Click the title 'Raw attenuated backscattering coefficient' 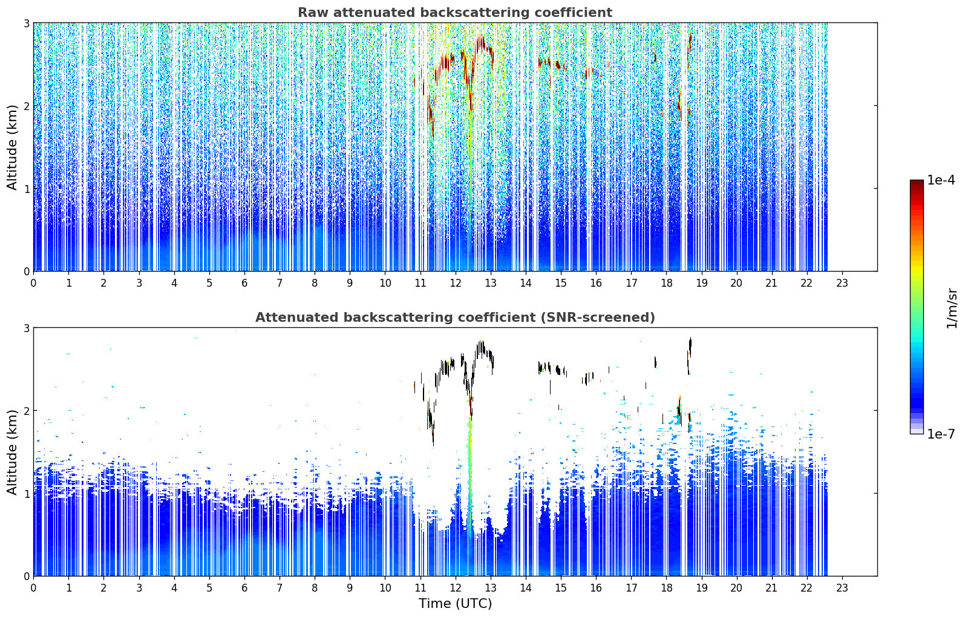(x=455, y=13)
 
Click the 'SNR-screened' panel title (x=455, y=318)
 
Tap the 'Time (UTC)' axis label (x=455, y=603)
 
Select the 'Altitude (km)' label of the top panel (x=12, y=148)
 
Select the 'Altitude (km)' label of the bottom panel (x=12, y=452)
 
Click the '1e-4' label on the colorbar (x=941, y=180)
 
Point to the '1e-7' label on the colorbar (x=941, y=434)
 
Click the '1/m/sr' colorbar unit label (x=952, y=309)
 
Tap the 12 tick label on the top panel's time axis (x=456, y=283)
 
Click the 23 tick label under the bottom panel (x=842, y=588)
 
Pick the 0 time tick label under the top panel (x=34, y=283)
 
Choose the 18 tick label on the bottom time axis (x=667, y=588)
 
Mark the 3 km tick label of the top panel (x=26, y=23)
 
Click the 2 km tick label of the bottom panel (x=26, y=411)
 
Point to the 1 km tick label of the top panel (x=26, y=188)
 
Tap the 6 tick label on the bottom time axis (x=244, y=588)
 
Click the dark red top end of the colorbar (x=917, y=183)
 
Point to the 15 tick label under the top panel (x=560, y=283)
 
